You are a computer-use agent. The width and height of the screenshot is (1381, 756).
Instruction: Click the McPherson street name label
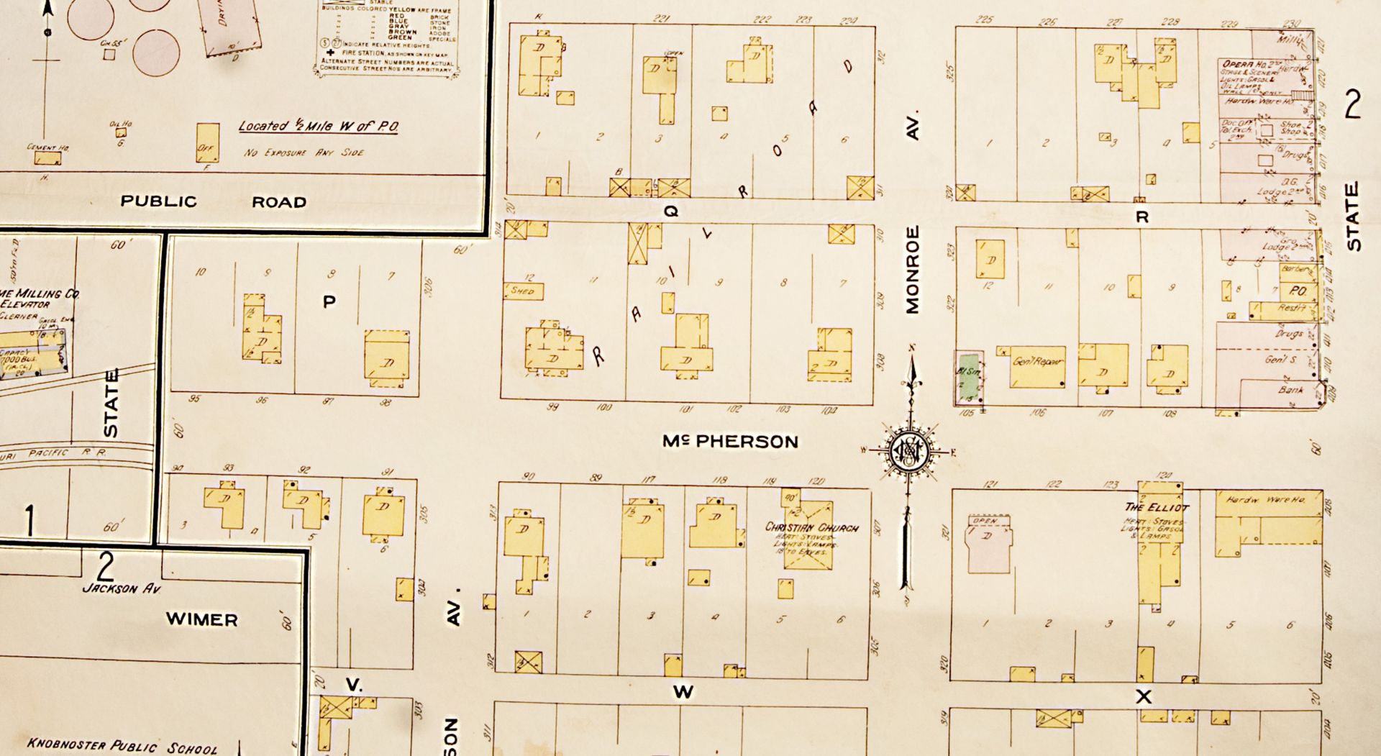point(730,441)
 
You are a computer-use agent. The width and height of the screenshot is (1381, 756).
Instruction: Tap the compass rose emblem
point(908,452)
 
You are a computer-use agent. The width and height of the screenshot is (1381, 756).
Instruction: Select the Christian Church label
point(811,527)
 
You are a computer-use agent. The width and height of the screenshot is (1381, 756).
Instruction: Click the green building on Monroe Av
point(969,378)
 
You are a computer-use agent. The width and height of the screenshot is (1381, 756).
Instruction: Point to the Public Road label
point(213,201)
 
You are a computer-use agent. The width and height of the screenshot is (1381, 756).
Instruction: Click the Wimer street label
point(201,619)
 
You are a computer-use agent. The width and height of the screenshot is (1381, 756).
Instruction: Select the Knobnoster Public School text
point(122,746)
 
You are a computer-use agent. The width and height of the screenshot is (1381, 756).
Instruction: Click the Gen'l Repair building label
point(1036,361)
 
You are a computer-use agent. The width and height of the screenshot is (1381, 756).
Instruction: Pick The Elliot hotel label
point(1157,507)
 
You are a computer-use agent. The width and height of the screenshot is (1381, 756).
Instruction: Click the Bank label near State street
point(1290,389)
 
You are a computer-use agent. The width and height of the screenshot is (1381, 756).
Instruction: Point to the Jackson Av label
point(122,588)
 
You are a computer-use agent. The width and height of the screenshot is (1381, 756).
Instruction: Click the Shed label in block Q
point(523,291)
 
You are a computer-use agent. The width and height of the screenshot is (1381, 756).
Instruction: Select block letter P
point(329,301)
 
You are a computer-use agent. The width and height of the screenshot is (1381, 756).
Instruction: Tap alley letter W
point(683,692)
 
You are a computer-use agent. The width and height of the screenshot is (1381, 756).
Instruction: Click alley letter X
point(1143,696)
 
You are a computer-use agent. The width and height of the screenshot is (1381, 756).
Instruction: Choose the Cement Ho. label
point(47,147)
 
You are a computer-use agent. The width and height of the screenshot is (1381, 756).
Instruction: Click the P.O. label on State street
point(1297,291)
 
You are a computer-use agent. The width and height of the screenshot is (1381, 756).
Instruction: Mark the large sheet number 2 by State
point(1352,105)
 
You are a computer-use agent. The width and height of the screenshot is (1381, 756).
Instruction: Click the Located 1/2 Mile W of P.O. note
point(318,127)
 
